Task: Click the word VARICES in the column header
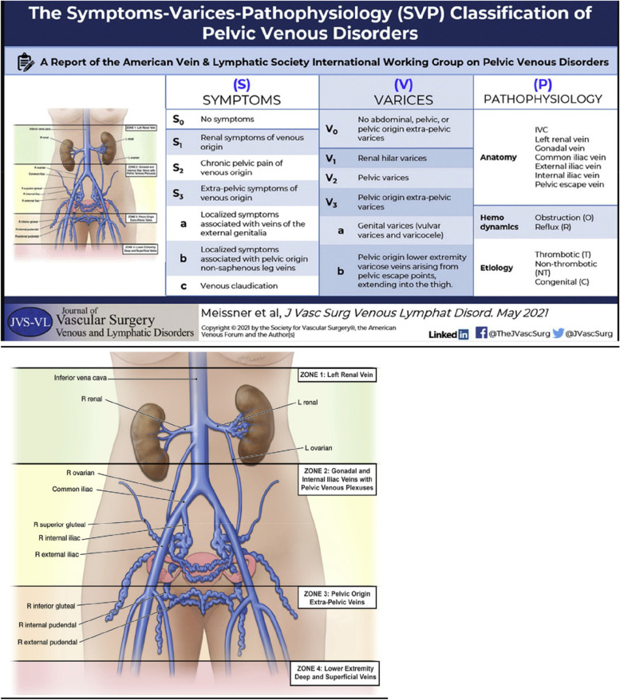397,100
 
